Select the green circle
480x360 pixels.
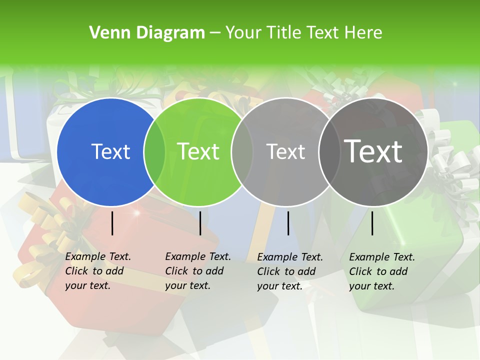(200, 180)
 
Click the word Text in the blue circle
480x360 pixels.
(110, 151)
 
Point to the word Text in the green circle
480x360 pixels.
(198, 151)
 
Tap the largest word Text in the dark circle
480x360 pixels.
(373, 151)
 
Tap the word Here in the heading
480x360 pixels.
(364, 33)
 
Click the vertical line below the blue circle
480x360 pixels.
(112, 223)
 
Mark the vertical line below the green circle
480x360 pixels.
(200, 223)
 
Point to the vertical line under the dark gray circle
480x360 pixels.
(372, 223)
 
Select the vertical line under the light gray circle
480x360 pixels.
(288, 223)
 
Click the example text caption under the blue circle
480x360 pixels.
(98, 271)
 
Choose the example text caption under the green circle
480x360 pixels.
(198, 271)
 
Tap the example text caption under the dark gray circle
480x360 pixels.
(382, 271)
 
